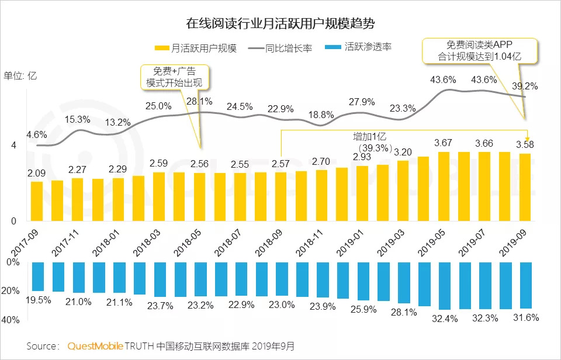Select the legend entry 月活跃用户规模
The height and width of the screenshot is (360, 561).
[x=196, y=48]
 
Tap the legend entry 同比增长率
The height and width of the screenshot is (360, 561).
[x=280, y=48]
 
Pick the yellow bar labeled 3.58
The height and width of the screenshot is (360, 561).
[x=525, y=187]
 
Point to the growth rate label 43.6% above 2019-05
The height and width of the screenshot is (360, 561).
[x=443, y=79]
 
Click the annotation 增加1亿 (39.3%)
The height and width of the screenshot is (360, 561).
[x=370, y=142]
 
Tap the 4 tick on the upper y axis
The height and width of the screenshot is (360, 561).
[x=13, y=146]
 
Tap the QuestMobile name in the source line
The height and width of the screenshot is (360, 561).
[x=95, y=346]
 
